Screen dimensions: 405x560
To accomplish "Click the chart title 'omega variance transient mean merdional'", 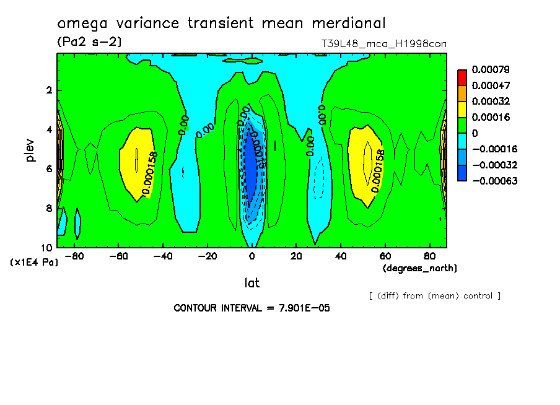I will [x=221, y=24].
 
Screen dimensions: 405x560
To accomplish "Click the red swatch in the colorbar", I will [x=462, y=77].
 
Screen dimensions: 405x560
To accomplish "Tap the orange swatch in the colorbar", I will [x=462, y=93].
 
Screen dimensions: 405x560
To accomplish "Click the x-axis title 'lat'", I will [x=252, y=283].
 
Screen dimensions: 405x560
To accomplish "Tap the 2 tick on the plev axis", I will [x=48, y=90].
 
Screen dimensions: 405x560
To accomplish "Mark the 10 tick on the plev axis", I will [x=47, y=247].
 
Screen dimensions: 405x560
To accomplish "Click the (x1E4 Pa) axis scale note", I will [x=34, y=263].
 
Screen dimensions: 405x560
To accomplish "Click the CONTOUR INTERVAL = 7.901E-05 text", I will [x=252, y=308].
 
